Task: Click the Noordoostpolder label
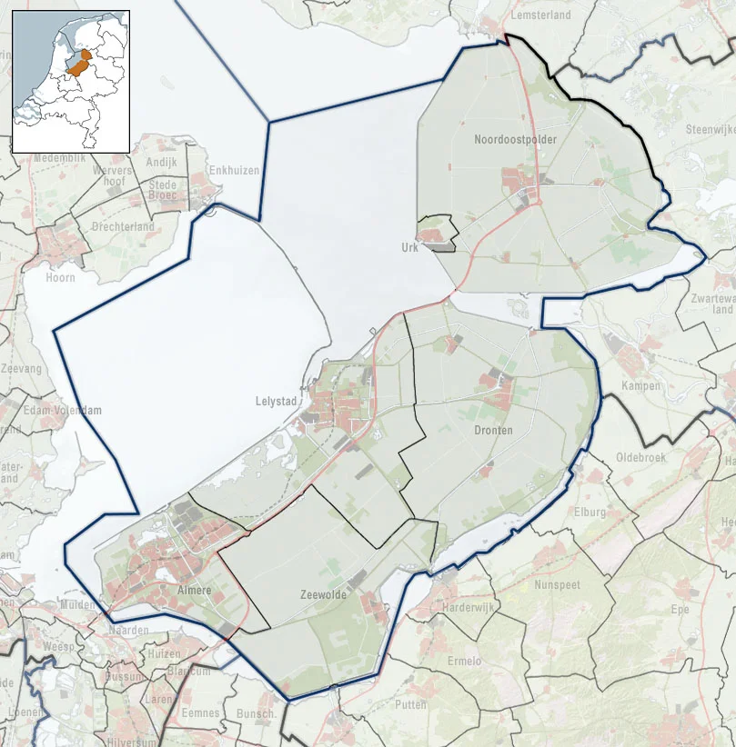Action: [515, 140]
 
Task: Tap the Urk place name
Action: [409, 247]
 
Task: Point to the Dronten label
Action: [495, 430]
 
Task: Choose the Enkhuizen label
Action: [234, 170]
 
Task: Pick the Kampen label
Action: [636, 386]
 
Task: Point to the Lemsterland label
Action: [540, 15]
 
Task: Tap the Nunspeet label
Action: [557, 585]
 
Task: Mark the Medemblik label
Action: [58, 157]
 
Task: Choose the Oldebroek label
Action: [641, 457]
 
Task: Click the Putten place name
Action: [411, 704]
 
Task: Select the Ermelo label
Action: [465, 661]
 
